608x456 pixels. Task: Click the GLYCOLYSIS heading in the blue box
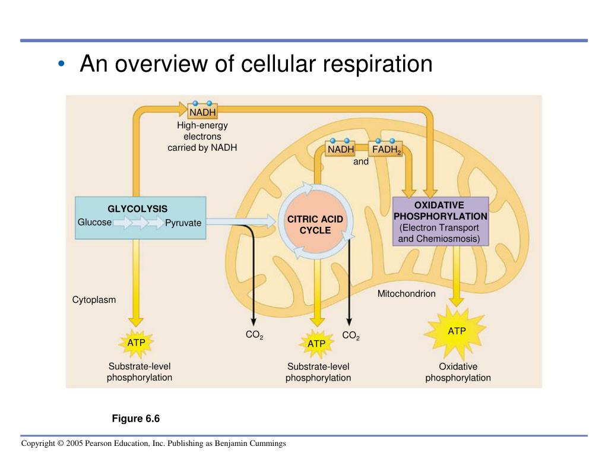coord(137,209)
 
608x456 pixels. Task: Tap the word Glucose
coord(94,222)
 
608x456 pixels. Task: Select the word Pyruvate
coord(183,223)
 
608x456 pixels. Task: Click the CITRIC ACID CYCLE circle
coord(315,224)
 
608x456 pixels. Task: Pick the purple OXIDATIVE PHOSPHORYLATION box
coord(441,221)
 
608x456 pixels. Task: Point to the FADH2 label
coord(387,150)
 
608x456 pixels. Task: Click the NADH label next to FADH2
coord(341,149)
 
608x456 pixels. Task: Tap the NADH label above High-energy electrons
coord(202,112)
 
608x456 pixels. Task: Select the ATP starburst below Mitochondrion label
coord(457,331)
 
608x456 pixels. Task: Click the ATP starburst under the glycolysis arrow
coord(136,343)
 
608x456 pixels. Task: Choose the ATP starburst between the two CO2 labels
coord(316,344)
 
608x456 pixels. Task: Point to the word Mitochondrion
coord(406,294)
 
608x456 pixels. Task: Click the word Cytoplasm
coord(94,300)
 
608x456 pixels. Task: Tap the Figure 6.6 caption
coord(136,419)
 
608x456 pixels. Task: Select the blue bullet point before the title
coord(62,64)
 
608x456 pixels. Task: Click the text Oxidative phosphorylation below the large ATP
coord(458,372)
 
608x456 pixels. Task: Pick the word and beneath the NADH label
coord(361,161)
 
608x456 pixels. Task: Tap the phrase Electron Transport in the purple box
coord(440,228)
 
